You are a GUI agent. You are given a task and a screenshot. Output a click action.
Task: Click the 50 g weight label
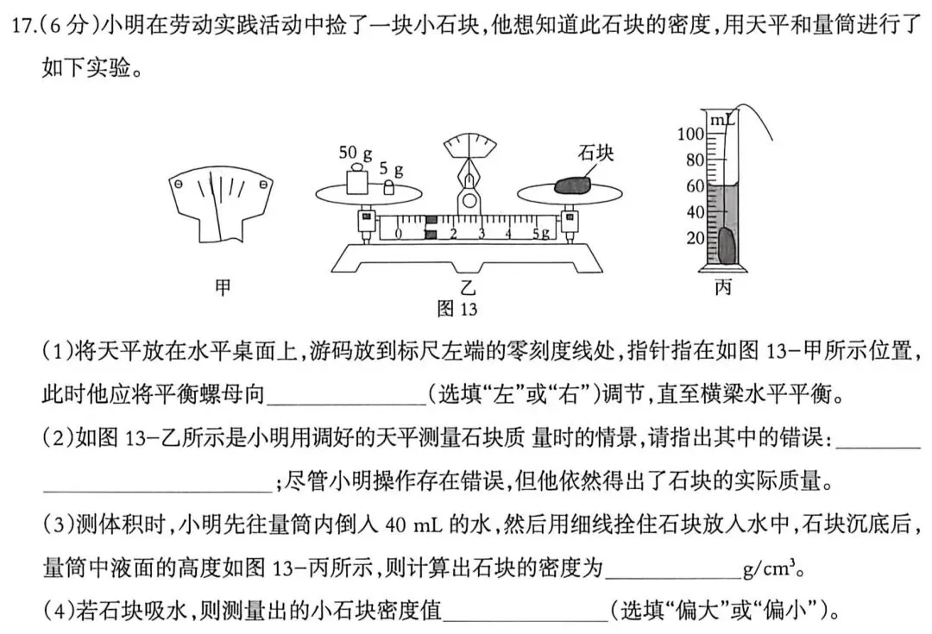click(x=355, y=154)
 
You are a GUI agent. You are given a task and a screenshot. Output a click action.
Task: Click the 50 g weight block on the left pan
click(x=354, y=182)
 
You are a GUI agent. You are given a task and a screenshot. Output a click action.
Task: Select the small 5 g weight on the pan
click(x=389, y=187)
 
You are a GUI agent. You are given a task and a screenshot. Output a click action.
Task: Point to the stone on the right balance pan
click(x=571, y=185)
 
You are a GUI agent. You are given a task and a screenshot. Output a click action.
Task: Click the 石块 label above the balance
click(x=595, y=153)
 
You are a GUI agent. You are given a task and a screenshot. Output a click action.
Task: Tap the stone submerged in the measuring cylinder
click(x=727, y=246)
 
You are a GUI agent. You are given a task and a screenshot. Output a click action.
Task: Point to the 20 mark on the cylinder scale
click(x=694, y=238)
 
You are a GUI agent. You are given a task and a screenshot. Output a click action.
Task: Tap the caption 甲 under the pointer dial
click(x=223, y=287)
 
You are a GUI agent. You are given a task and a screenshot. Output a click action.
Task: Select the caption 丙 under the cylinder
click(x=723, y=287)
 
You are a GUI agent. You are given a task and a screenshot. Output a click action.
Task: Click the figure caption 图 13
click(x=457, y=308)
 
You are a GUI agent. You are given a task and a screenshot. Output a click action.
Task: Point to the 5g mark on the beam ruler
click(x=541, y=233)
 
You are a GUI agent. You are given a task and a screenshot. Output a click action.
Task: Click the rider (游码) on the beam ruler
click(x=431, y=228)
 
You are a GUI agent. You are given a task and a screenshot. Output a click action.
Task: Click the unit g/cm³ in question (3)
click(x=773, y=570)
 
